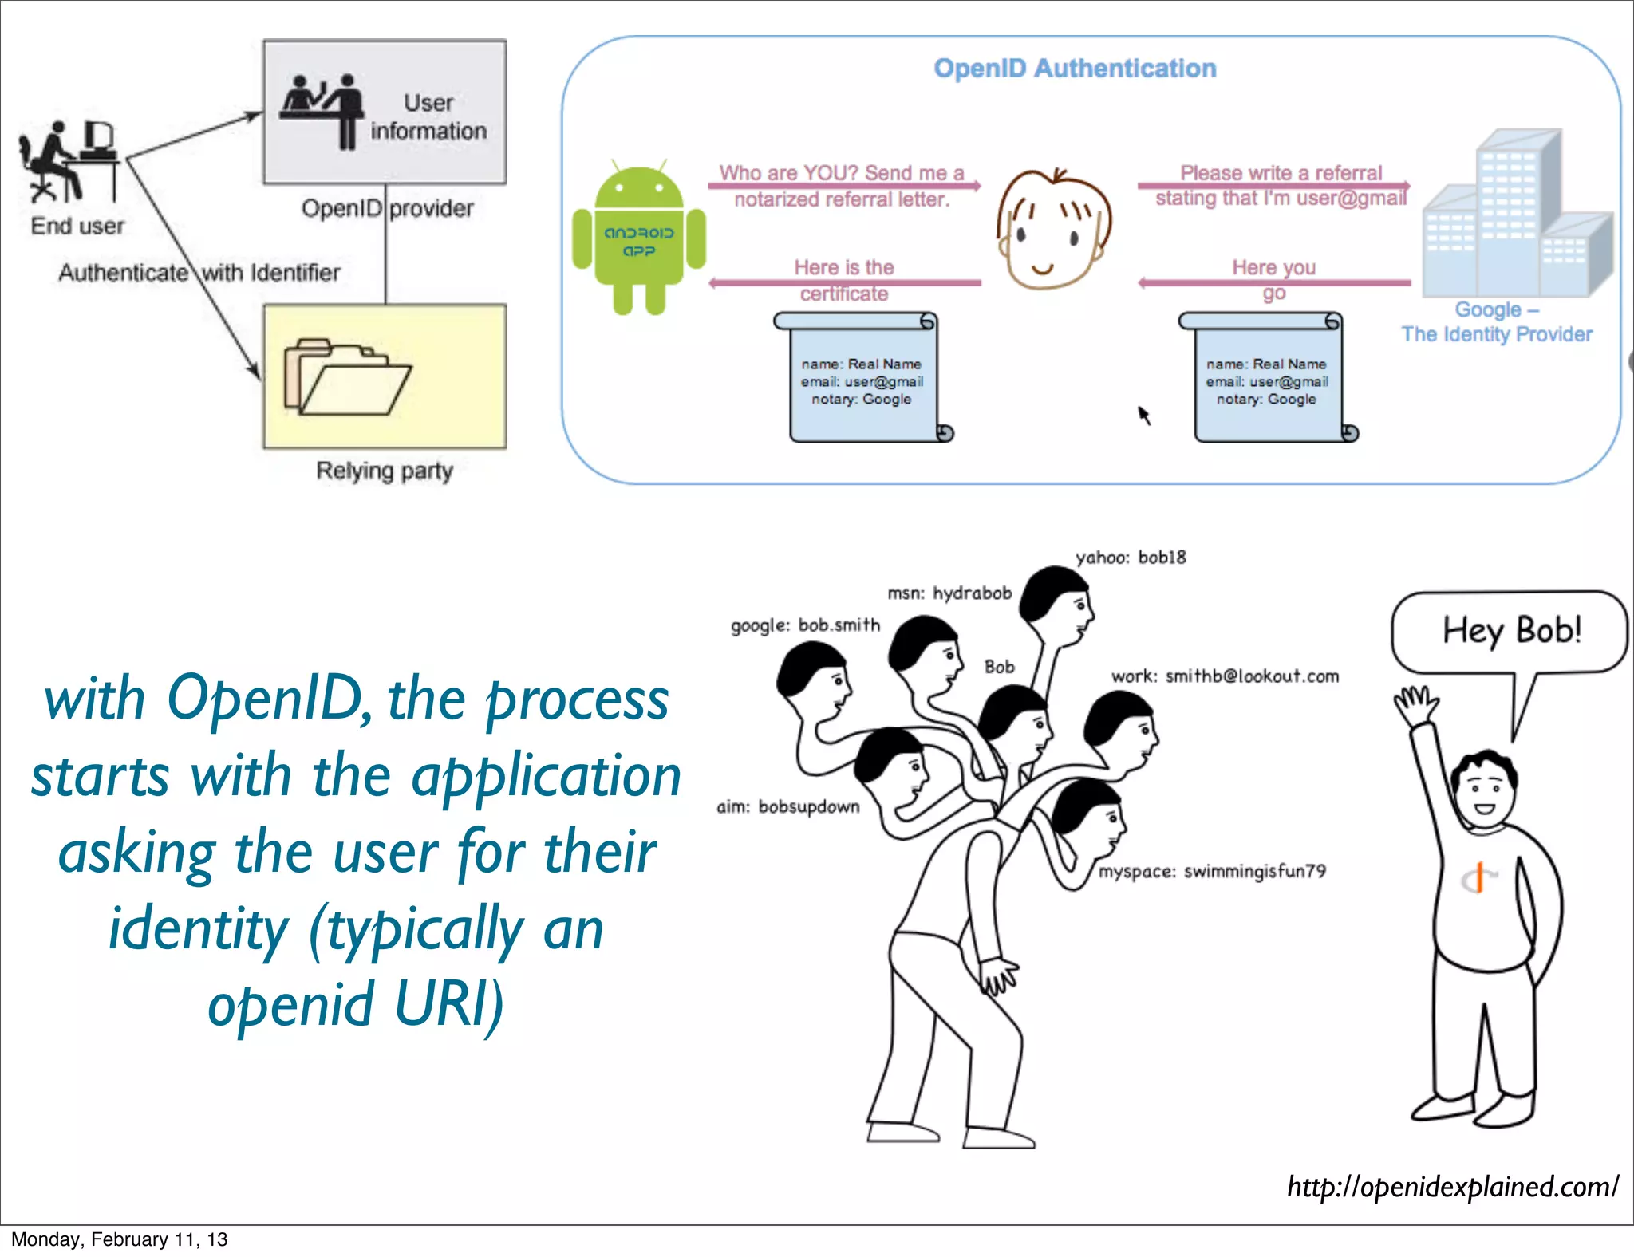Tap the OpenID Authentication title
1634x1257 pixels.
point(1075,69)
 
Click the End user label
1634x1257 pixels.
point(77,227)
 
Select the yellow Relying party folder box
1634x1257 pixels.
point(385,376)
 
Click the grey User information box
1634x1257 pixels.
point(385,112)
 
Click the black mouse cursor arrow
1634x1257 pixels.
point(1144,415)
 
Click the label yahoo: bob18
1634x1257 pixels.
point(1131,558)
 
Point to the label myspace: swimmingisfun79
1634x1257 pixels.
point(1212,871)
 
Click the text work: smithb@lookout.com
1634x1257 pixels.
point(1225,676)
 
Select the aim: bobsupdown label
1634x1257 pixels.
point(788,807)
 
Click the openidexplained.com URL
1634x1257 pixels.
point(1452,1187)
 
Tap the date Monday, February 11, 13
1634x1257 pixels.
point(120,1239)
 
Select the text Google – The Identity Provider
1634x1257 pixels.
point(1497,322)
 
